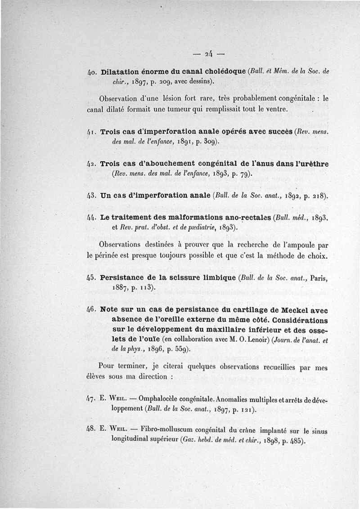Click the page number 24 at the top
click(x=207, y=55)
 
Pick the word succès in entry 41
click(x=279, y=133)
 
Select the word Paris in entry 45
click(x=317, y=278)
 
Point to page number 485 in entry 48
click(x=298, y=441)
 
